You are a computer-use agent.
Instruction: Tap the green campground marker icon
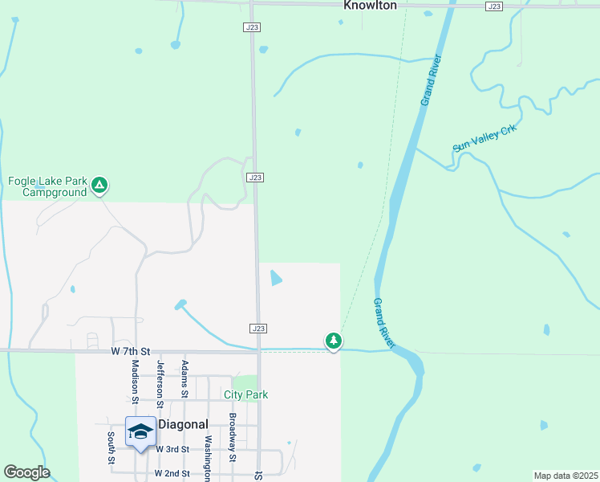pos(99,186)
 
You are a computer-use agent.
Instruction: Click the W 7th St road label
pos(131,352)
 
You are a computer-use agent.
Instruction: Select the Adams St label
pos(184,378)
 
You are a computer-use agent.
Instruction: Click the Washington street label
pos(208,458)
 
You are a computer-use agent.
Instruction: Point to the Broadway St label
pos(232,438)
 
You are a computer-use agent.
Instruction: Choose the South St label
pos(111,447)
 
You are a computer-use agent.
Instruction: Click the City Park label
pos(245,394)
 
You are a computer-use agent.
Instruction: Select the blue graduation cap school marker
pos(140,431)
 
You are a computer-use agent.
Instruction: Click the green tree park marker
pos(334,341)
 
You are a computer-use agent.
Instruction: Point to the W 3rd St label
pos(172,449)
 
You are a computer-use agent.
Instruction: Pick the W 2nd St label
pos(172,473)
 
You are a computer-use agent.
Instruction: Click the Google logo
pos(26,472)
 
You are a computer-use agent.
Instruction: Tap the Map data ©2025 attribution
pos(565,476)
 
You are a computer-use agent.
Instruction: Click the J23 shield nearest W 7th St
pos(257,329)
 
